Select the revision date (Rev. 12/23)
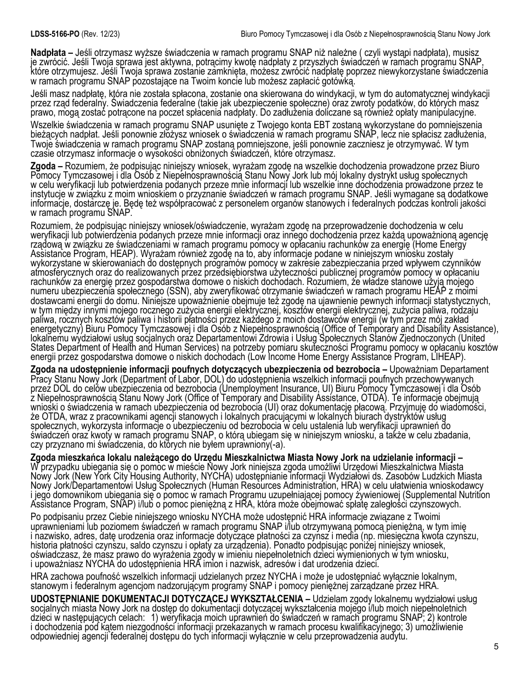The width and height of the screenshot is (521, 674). click(x=100, y=34)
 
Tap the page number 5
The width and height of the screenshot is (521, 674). click(x=496, y=646)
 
